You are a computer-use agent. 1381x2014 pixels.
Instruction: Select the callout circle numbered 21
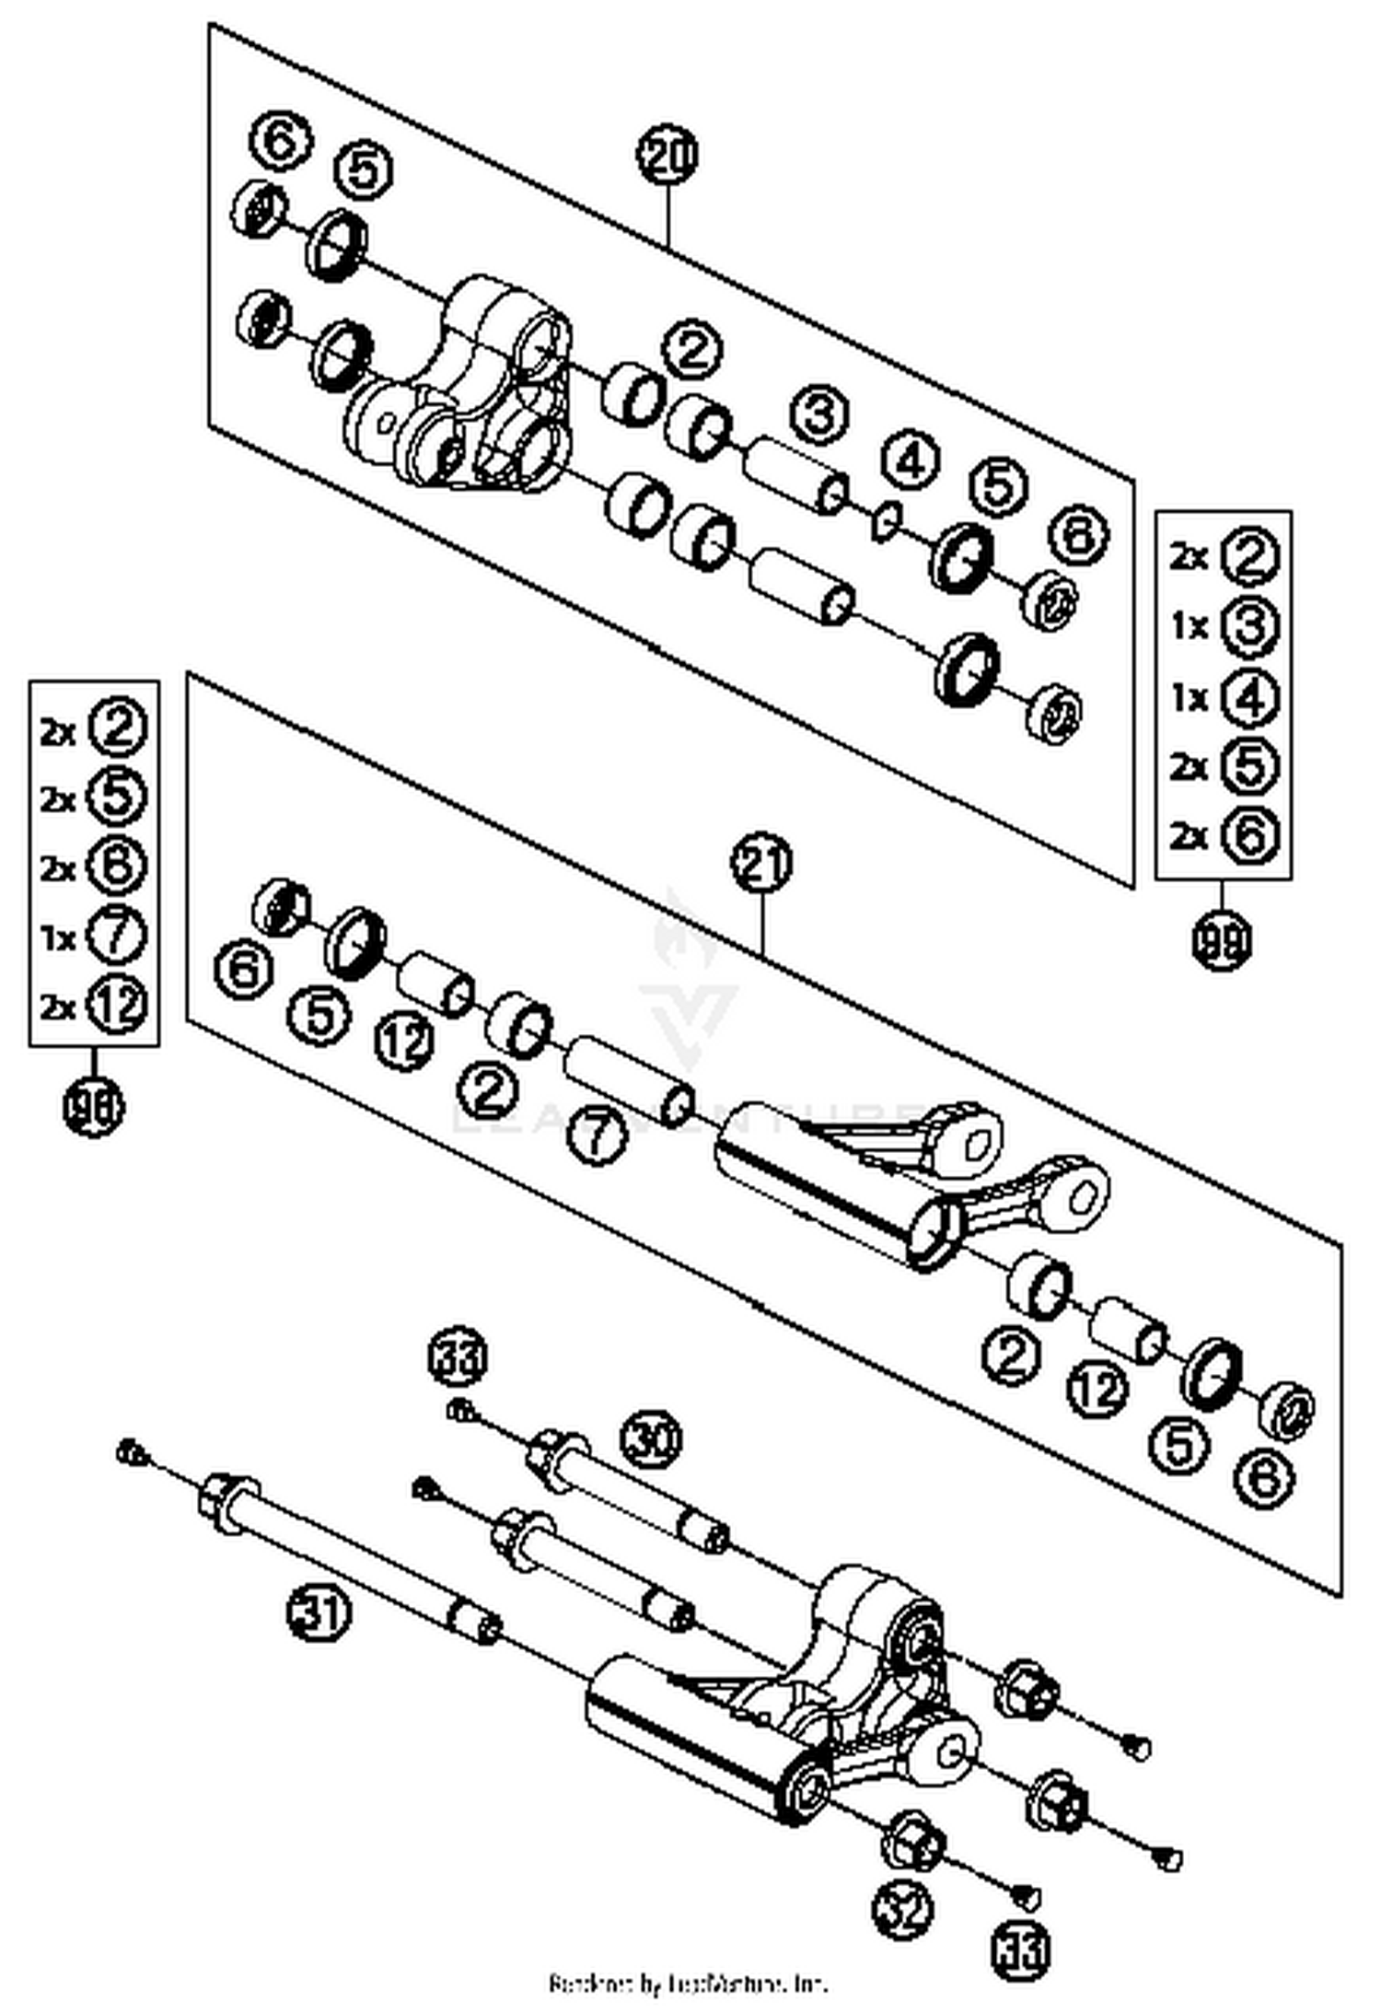pyautogui.click(x=761, y=864)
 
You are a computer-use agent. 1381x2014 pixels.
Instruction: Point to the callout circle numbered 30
pyautogui.click(x=652, y=1438)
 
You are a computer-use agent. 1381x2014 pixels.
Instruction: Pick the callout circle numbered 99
pyautogui.click(x=1223, y=941)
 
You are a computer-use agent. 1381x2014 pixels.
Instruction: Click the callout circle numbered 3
pyautogui.click(x=819, y=413)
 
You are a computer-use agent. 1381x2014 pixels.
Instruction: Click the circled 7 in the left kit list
pyautogui.click(x=116, y=935)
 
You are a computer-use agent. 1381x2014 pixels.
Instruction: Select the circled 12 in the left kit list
pyautogui.click(x=117, y=1005)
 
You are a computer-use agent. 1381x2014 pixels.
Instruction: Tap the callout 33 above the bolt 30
pyautogui.click(x=458, y=1357)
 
